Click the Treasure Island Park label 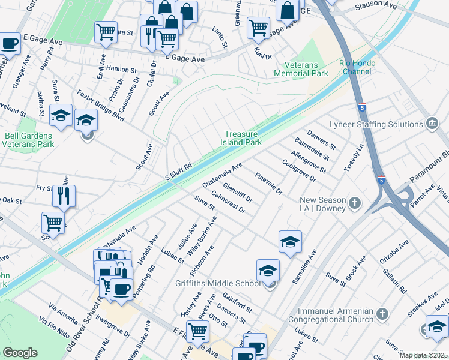(x=243, y=139)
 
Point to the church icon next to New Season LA (x=355, y=203)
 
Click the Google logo (x=20, y=353)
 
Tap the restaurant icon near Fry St (x=64, y=195)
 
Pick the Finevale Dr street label (x=268, y=183)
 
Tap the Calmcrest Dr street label (x=228, y=201)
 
